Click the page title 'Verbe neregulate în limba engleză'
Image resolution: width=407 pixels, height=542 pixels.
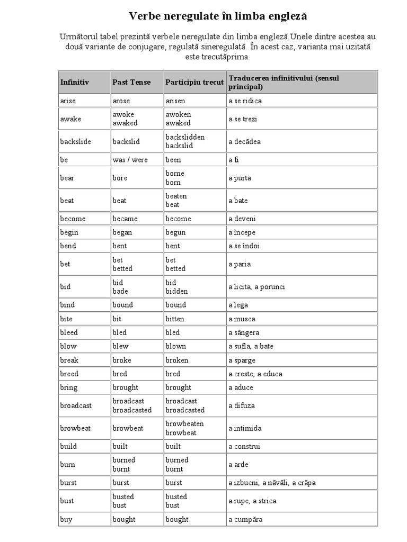pyautogui.click(x=218, y=16)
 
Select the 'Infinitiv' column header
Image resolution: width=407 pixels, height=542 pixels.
pyautogui.click(x=75, y=82)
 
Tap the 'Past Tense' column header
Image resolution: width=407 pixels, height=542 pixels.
pyautogui.click(x=131, y=82)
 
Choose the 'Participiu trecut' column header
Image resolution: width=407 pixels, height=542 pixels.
pyautogui.click(x=194, y=82)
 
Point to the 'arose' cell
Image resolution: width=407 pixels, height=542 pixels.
pyautogui.click(x=121, y=101)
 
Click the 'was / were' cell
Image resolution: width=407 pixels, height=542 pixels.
pyautogui.click(x=130, y=159)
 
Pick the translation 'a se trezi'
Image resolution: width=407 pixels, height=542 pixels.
pyautogui.click(x=243, y=119)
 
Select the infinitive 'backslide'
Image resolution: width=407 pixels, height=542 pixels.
pyautogui.click(x=76, y=141)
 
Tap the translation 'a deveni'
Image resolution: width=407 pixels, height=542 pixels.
pyautogui.click(x=241, y=219)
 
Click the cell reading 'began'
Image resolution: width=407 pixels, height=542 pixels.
pyautogui.click(x=122, y=232)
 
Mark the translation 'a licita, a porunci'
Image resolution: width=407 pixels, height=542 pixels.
pyautogui.click(x=257, y=286)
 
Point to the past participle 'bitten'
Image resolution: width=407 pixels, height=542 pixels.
pyautogui.click(x=175, y=319)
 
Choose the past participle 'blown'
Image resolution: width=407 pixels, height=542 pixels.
pyautogui.click(x=176, y=346)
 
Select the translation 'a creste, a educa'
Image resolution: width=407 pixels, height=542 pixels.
pyautogui.click(x=255, y=374)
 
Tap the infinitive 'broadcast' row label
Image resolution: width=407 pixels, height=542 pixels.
pyautogui.click(x=76, y=405)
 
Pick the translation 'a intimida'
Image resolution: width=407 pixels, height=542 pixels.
pyautogui.click(x=245, y=428)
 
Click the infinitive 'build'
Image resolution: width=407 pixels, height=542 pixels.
pyautogui.click(x=68, y=446)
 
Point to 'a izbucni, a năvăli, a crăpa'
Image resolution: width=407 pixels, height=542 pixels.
pyautogui.click(x=272, y=483)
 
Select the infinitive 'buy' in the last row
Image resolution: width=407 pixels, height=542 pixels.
pyautogui.click(x=66, y=519)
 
